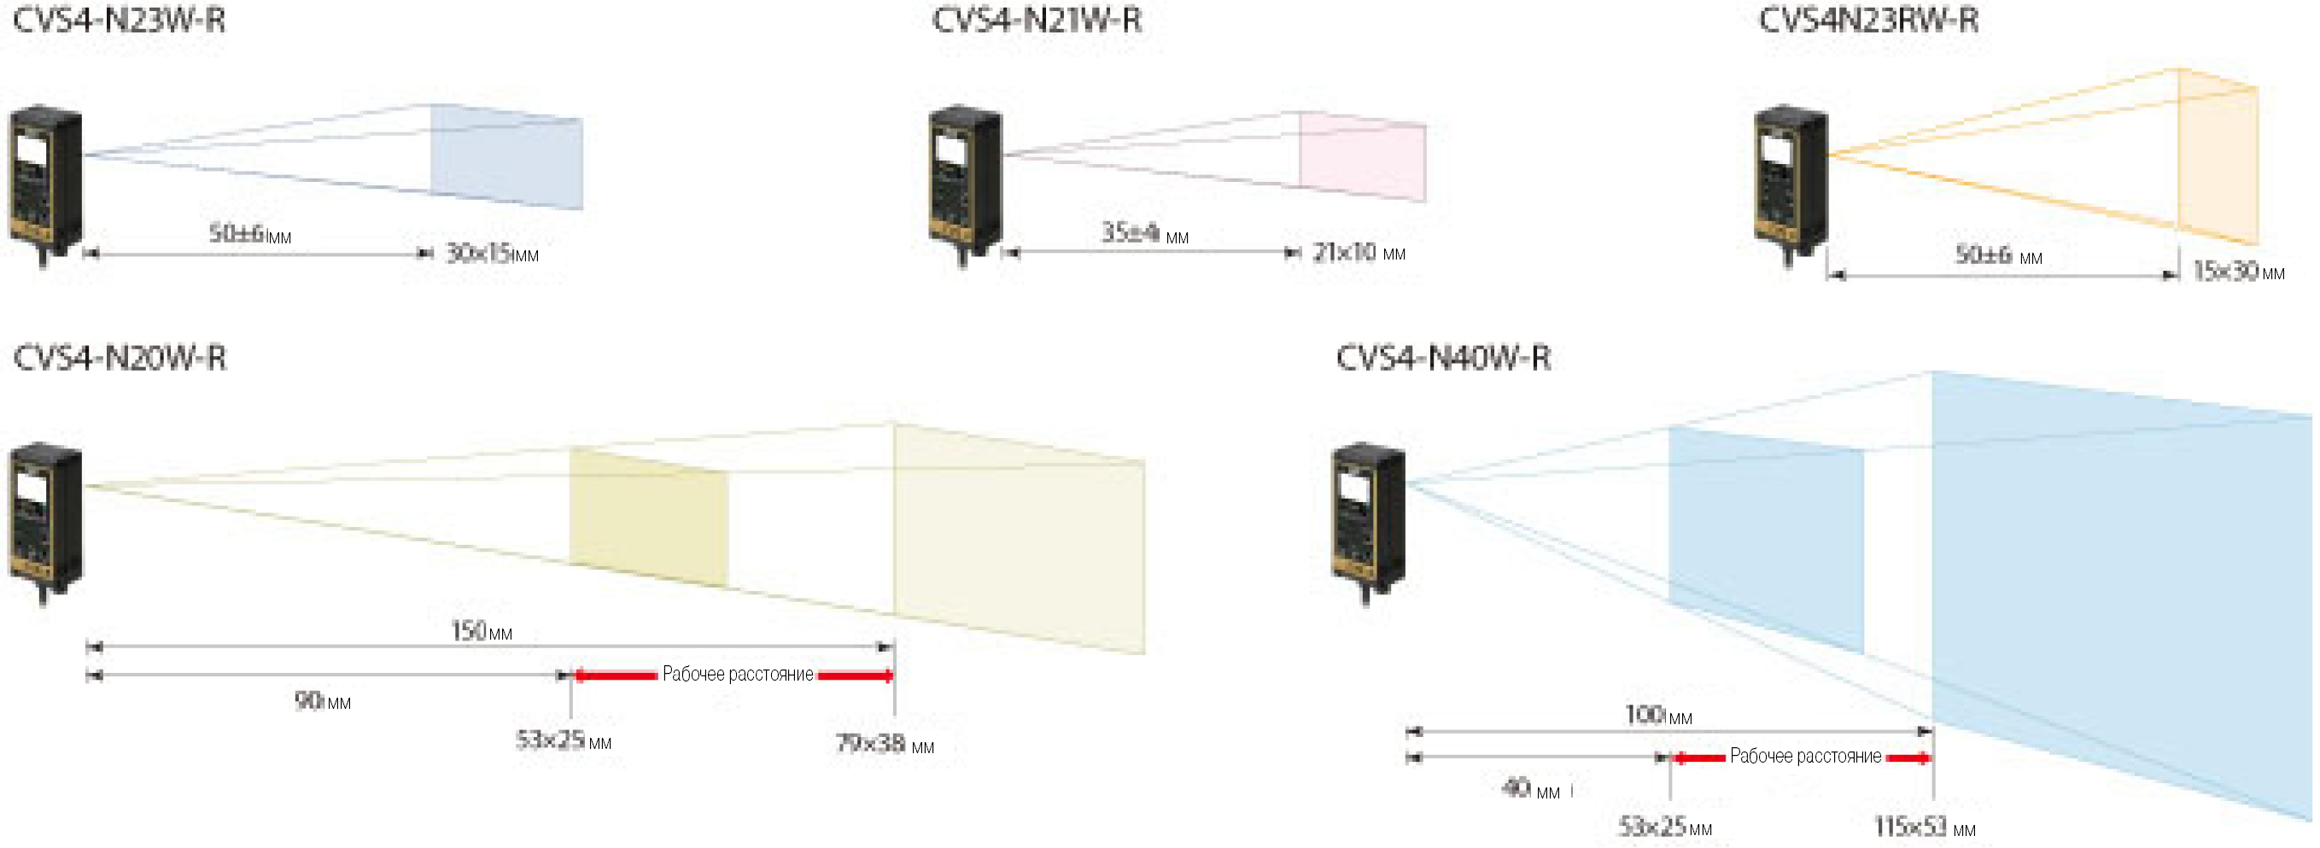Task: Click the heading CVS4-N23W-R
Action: (x=119, y=20)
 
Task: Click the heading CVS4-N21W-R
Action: (x=1037, y=20)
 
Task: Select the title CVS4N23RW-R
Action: (x=1869, y=20)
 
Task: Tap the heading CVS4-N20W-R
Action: (x=119, y=358)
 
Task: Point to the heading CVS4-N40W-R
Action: (x=1443, y=358)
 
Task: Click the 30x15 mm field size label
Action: (x=492, y=254)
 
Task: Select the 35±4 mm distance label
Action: (x=1145, y=233)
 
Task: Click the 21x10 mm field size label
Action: (x=1359, y=254)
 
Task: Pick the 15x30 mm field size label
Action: (x=2238, y=272)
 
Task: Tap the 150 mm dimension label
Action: (x=481, y=631)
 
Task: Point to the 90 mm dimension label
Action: (x=323, y=700)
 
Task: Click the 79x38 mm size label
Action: (x=885, y=744)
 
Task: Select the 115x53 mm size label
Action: (x=1925, y=827)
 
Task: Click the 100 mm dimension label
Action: (x=1658, y=716)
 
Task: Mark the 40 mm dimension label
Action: (x=1530, y=789)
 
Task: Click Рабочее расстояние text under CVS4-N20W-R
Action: (x=738, y=674)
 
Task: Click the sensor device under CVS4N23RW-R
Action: (x=1791, y=180)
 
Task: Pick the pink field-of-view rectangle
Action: (x=1362, y=158)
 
